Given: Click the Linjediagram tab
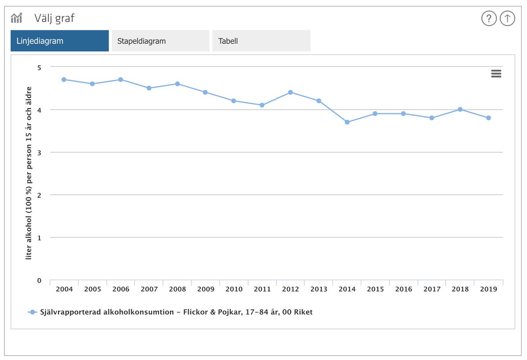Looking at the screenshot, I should click(60, 41).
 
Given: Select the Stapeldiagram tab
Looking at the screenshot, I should click(160, 41).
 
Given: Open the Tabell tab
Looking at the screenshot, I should click(261, 41).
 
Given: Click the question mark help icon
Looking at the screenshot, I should click(489, 18).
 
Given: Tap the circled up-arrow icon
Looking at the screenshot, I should click(507, 18).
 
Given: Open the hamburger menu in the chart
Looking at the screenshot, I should click(496, 74).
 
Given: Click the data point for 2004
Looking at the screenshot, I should click(64, 79).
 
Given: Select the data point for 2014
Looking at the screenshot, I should click(347, 122).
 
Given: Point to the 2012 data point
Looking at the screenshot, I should click(290, 92).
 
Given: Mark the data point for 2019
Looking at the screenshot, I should click(488, 118).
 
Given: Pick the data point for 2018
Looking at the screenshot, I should click(460, 109).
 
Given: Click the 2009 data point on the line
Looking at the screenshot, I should click(205, 92).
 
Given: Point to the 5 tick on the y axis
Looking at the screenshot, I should click(39, 67).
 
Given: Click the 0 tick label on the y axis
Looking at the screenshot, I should click(39, 281).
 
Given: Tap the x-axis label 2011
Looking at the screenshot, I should click(262, 289).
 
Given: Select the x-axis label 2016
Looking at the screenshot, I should click(404, 289).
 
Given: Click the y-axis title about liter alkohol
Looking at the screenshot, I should click(29, 173).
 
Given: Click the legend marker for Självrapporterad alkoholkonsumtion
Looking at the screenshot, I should click(32, 312).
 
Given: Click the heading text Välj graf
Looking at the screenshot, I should click(54, 18).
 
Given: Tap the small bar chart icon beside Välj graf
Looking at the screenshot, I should click(17, 18).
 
